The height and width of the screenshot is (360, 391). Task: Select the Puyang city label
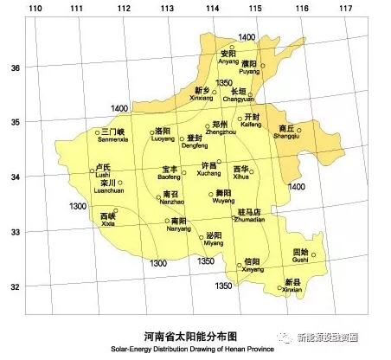tap(249, 67)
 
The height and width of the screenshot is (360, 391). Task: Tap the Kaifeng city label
tap(251, 121)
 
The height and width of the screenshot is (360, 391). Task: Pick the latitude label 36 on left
tap(14, 67)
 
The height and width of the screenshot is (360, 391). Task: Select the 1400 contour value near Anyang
tap(247, 37)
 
